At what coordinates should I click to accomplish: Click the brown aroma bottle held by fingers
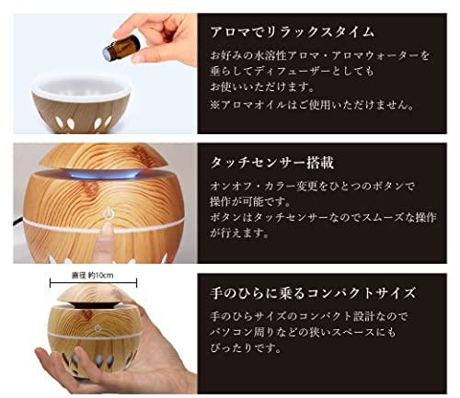pos(121,47)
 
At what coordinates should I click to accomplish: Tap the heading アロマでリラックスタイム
pos(292,32)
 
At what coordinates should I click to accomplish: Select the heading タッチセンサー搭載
pos(272,162)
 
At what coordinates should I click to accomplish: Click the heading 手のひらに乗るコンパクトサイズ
pos(313,292)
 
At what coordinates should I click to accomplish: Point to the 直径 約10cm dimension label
pos(93,276)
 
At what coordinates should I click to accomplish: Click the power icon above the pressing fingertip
pos(107,212)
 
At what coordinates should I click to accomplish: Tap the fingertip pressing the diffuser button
pos(107,232)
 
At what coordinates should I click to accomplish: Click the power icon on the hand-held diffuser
pos(98,328)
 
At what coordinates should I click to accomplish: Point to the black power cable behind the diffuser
pos(18,220)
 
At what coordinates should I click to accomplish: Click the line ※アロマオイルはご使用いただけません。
pos(312,105)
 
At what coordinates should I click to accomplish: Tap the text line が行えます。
pos(239,233)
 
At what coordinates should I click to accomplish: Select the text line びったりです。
pos(246,347)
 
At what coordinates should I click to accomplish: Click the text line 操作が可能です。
pos(250,201)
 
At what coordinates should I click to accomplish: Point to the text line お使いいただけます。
pos(262,87)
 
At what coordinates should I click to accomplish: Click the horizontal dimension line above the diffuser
pos(93,282)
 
